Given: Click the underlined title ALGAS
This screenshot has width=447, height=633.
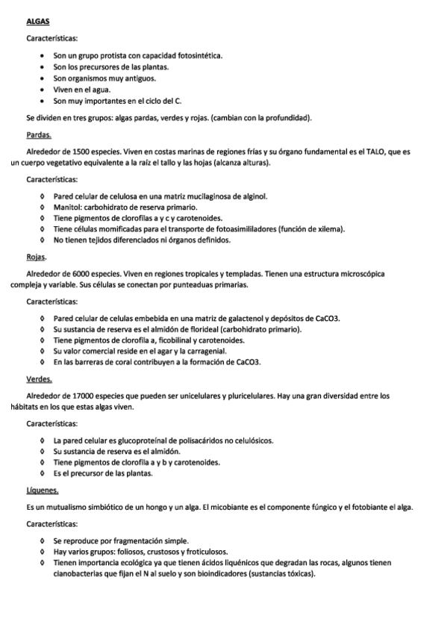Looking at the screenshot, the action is click(37, 22).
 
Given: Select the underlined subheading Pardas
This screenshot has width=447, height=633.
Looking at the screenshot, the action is click(39, 135).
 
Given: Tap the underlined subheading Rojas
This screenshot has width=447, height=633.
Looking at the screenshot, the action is click(36, 258).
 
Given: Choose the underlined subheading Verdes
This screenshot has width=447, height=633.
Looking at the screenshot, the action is click(39, 379).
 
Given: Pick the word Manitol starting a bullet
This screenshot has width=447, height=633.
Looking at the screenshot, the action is click(69, 207).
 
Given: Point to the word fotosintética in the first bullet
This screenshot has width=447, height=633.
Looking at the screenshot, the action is click(199, 55).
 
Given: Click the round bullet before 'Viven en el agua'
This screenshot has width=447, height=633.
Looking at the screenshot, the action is click(44, 89).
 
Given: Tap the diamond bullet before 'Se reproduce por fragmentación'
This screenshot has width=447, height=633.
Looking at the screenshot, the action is click(43, 540).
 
